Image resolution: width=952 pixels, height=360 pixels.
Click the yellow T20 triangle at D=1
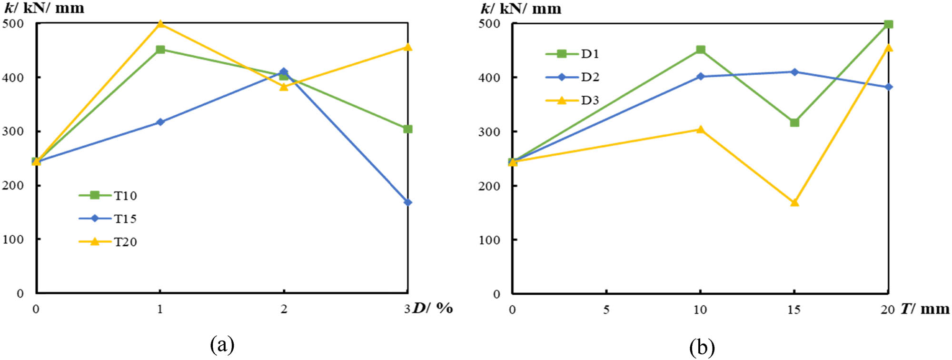(160, 24)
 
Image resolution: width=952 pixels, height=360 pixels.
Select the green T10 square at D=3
(407, 129)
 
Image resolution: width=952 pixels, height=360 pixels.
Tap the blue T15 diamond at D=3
(407, 202)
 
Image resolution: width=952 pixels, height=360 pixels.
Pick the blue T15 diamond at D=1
(160, 122)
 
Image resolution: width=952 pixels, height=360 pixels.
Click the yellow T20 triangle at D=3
(407, 47)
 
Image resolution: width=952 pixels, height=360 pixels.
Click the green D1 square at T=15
(794, 122)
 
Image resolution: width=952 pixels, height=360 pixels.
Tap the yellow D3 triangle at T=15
(794, 202)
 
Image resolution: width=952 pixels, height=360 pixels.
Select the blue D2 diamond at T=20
(888, 87)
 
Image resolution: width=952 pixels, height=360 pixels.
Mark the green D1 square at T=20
(888, 24)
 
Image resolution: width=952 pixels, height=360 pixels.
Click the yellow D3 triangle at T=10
(700, 129)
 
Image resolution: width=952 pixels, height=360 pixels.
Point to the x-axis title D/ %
(432, 308)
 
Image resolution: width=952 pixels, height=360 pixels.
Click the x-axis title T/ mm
(924, 309)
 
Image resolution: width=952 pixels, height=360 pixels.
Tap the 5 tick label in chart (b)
(606, 310)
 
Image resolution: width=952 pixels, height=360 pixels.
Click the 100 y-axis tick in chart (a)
(13, 240)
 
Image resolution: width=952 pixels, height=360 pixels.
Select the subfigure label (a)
(222, 344)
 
